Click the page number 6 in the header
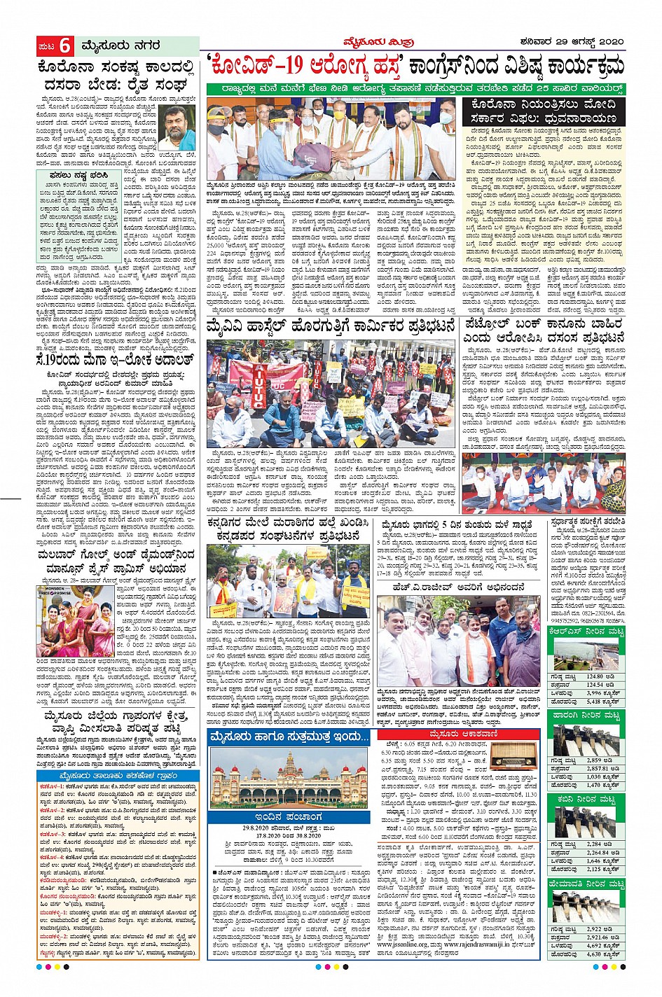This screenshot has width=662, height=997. tap(64, 46)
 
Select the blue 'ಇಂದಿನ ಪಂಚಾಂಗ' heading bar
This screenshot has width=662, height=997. tap(288, 817)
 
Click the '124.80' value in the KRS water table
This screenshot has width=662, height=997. tap(595, 677)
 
